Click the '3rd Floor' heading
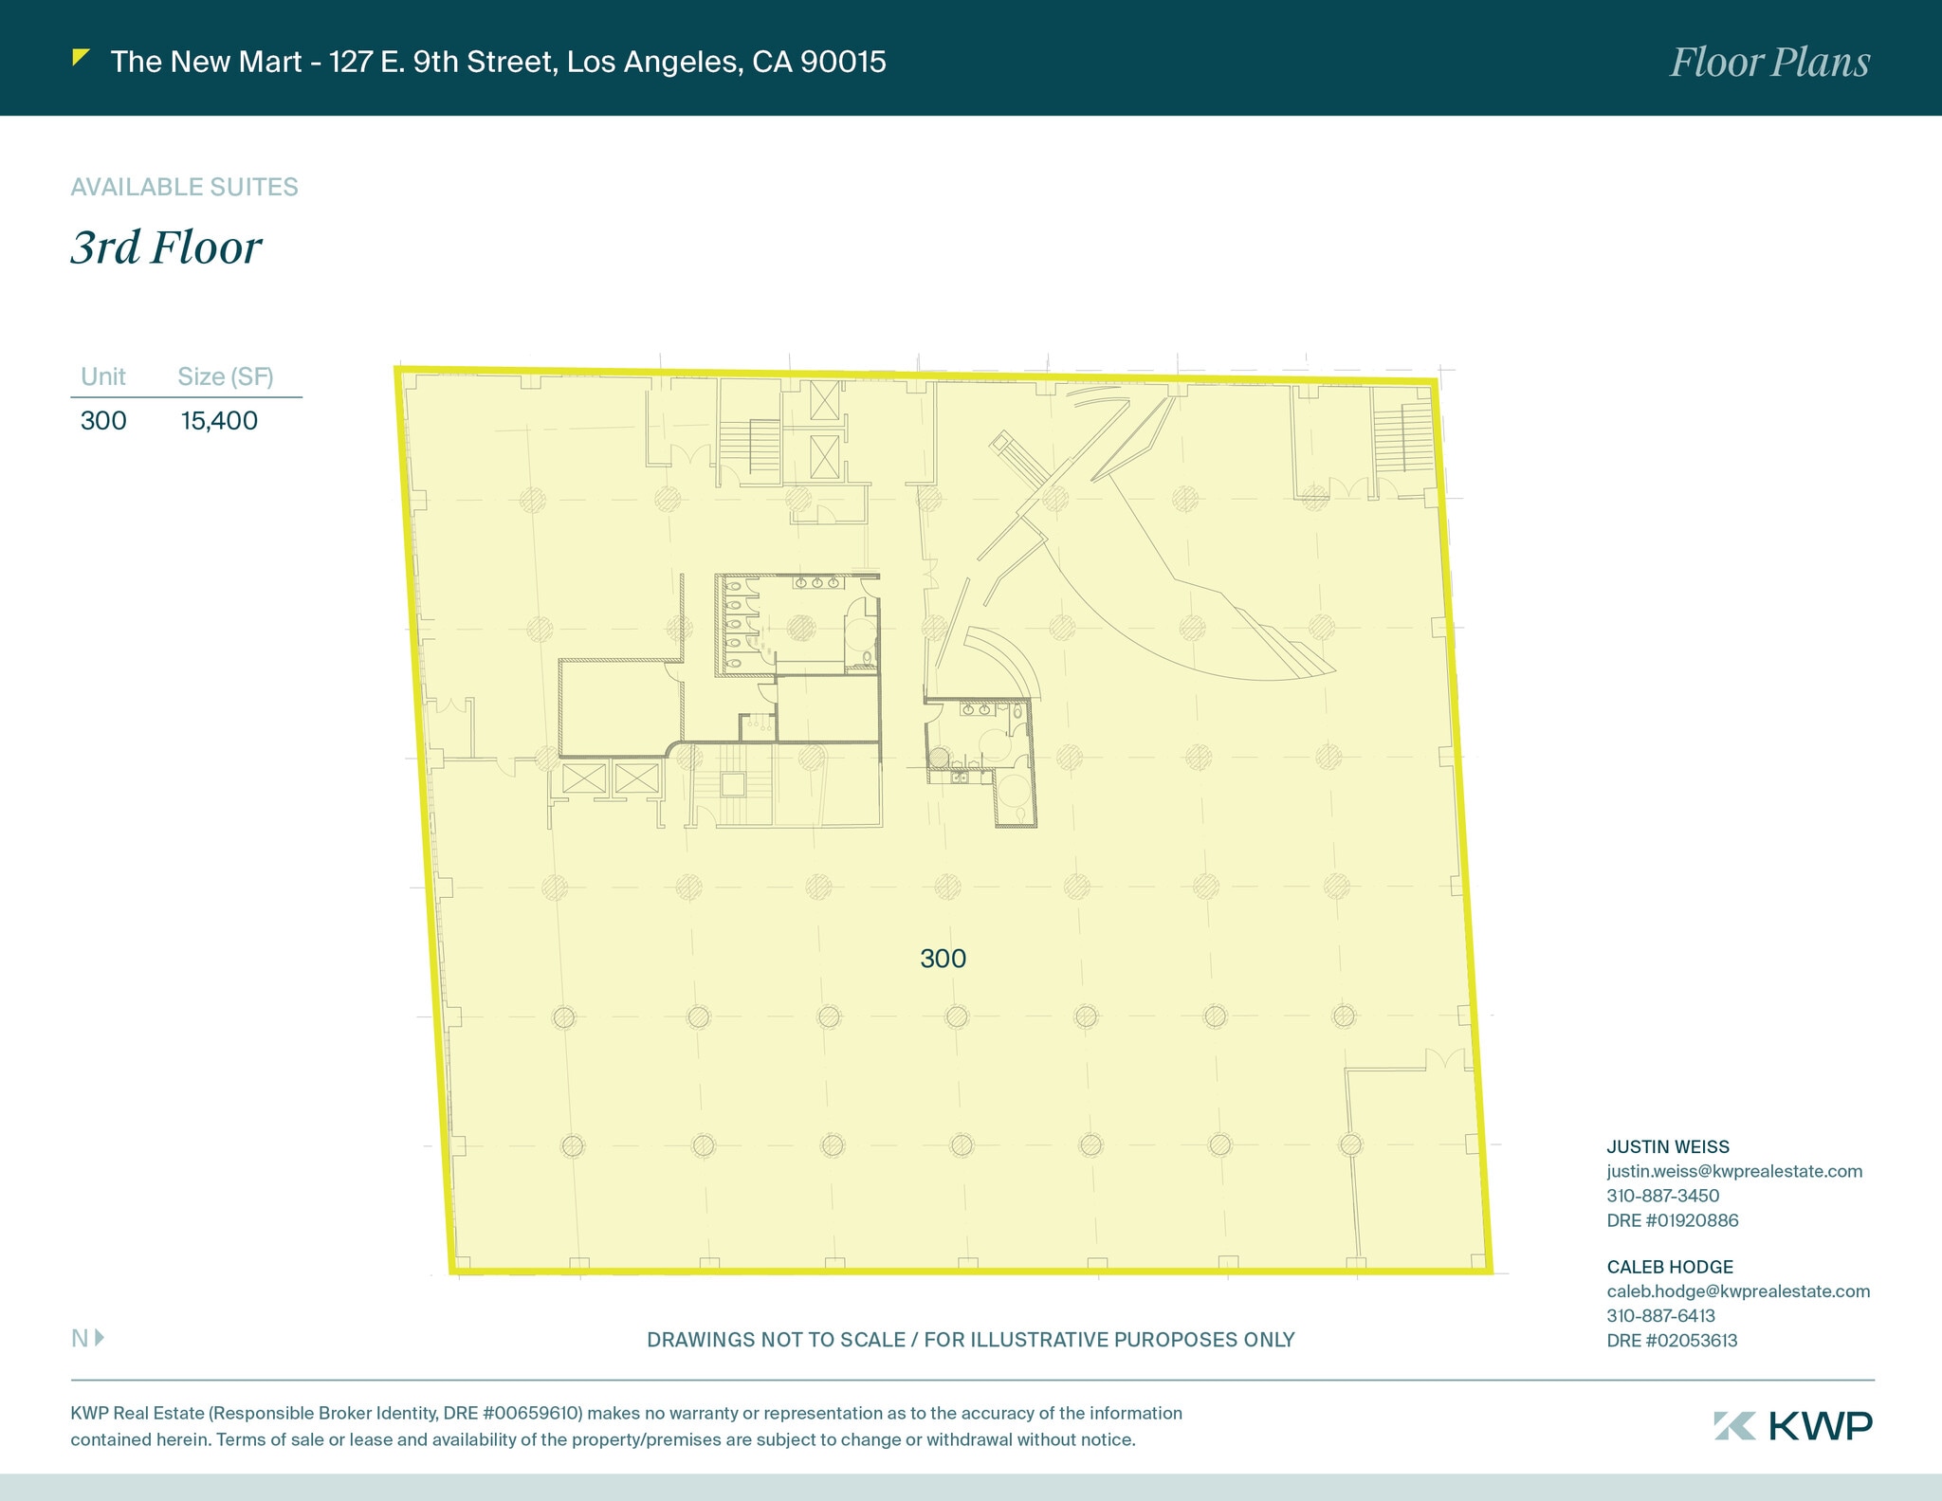tap(166, 247)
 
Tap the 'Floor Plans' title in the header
tap(1769, 63)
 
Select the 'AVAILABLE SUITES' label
tap(184, 187)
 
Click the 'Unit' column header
tap(102, 376)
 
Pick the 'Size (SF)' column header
tap(225, 376)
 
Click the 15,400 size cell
tap(219, 420)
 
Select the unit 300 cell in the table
tap(103, 420)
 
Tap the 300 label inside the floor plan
tap(943, 959)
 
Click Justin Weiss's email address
tap(1733, 1171)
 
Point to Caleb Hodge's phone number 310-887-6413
tap(1660, 1315)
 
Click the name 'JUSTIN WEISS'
tap(1667, 1146)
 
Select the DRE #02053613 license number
tap(1672, 1340)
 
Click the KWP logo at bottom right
tap(1793, 1426)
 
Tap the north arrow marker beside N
tap(100, 1338)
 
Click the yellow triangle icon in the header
tap(81, 58)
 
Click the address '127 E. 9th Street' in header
tap(441, 62)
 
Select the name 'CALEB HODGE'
tap(1669, 1267)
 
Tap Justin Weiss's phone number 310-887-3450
tap(1662, 1196)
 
